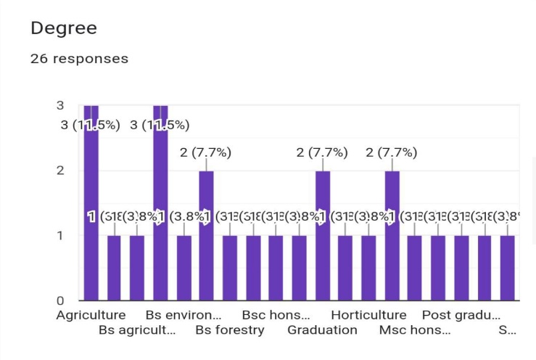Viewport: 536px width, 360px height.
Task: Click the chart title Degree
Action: click(x=64, y=28)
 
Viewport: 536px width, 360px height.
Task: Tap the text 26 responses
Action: click(x=79, y=59)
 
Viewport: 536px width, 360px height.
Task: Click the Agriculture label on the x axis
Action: click(x=91, y=316)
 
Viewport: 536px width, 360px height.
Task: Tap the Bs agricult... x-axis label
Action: click(x=137, y=330)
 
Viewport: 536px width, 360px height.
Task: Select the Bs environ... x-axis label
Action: click(x=184, y=316)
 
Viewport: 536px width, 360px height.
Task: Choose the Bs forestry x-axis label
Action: click(x=230, y=330)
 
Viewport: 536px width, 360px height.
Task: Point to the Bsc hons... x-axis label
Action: click(x=276, y=316)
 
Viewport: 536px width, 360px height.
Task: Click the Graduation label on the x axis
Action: click(x=322, y=330)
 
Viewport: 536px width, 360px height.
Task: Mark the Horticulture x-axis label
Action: click(x=368, y=316)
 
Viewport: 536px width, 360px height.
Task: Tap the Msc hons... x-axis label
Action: click(x=415, y=330)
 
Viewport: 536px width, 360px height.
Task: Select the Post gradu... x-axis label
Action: click(x=461, y=316)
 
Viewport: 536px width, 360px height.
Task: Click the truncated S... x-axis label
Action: click(x=507, y=330)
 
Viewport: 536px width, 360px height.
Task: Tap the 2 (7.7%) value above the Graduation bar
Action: click(x=322, y=152)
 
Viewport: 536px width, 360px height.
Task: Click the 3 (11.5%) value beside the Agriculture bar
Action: click(x=91, y=125)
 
